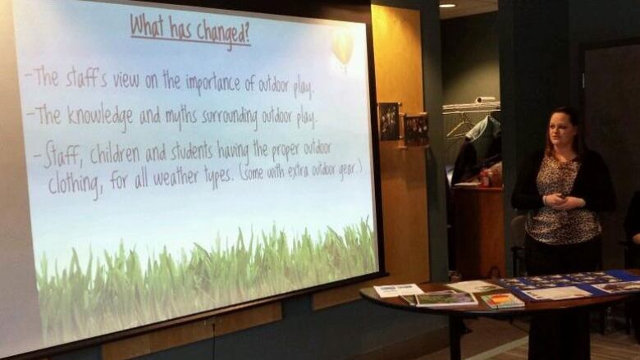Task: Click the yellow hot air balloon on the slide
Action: click(342, 49)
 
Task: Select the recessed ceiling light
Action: click(447, 6)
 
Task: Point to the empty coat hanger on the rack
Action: click(460, 126)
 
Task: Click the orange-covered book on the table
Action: click(502, 300)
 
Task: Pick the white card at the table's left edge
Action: click(398, 289)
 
